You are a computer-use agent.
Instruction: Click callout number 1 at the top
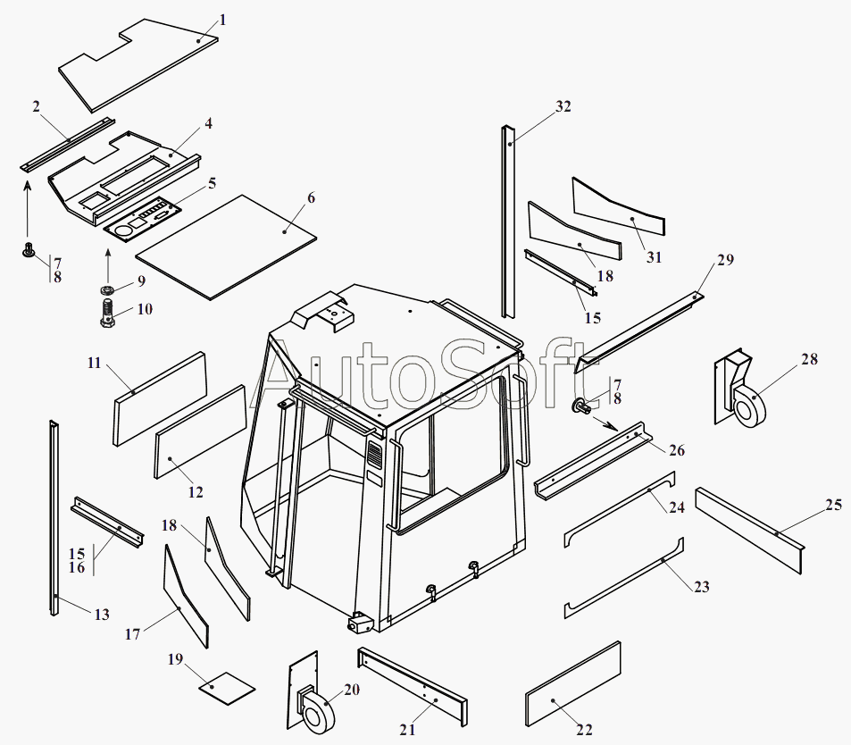[x=222, y=19]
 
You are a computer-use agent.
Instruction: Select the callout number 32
[x=563, y=106]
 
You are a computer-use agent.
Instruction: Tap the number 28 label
[x=809, y=359]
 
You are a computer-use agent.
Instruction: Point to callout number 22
[x=585, y=730]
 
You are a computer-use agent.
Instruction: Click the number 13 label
[x=102, y=615]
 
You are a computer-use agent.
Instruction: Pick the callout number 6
[x=311, y=197]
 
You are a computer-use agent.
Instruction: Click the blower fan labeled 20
[x=313, y=706]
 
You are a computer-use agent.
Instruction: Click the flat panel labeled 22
[x=573, y=683]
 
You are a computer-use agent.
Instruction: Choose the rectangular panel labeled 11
[x=161, y=398]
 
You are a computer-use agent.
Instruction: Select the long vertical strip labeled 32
[x=508, y=223]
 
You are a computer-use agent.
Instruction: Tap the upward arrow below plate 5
[x=107, y=264]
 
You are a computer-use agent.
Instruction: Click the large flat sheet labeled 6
[x=228, y=246]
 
